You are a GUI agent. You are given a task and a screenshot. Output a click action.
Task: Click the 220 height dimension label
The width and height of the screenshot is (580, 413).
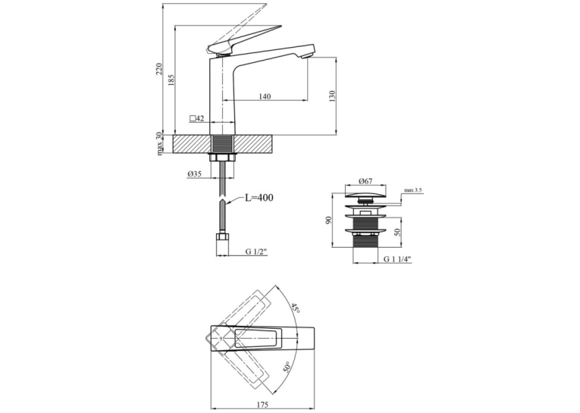pyautogui.click(x=159, y=69)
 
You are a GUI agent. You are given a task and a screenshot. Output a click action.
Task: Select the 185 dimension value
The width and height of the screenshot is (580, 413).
pyautogui.click(x=171, y=80)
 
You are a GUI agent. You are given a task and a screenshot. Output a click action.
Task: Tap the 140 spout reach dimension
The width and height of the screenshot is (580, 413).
pyautogui.click(x=265, y=96)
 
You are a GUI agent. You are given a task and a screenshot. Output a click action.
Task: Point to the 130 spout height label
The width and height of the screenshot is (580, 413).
pyautogui.click(x=332, y=95)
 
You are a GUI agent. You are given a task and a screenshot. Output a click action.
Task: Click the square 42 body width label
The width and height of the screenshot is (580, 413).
pyautogui.click(x=197, y=118)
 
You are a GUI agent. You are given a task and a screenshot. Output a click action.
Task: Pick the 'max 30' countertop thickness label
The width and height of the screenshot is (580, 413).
pyautogui.click(x=159, y=143)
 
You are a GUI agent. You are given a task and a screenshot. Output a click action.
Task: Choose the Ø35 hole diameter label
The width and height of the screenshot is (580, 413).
pyautogui.click(x=194, y=174)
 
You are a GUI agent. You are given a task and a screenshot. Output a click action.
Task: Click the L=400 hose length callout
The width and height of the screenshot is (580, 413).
pyautogui.click(x=259, y=198)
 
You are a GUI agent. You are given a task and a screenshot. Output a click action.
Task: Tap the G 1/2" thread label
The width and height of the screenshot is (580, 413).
pyautogui.click(x=256, y=252)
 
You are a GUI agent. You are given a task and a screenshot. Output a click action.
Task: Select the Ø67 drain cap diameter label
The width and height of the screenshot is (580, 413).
pyautogui.click(x=365, y=181)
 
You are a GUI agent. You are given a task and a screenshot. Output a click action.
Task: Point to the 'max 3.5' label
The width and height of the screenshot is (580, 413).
pyautogui.click(x=412, y=190)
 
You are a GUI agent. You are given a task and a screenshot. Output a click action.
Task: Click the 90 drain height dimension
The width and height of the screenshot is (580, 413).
pyautogui.click(x=329, y=220)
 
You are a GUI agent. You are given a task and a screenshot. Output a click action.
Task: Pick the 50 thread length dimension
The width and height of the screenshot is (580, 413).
pyautogui.click(x=397, y=232)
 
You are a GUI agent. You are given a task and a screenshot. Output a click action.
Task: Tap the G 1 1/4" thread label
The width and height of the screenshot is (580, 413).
pyautogui.click(x=397, y=259)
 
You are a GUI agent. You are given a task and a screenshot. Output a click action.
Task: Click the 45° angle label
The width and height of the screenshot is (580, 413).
pyautogui.click(x=295, y=308)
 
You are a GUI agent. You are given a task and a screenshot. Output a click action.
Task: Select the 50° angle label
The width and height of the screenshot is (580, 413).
pyautogui.click(x=287, y=368)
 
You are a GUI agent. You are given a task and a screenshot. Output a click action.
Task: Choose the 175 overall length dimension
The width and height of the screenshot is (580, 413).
pyautogui.click(x=262, y=405)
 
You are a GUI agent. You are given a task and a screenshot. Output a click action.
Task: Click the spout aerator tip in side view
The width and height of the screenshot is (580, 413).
pyautogui.click(x=306, y=56)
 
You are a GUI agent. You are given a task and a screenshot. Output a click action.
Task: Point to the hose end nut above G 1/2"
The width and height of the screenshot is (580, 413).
pyautogui.click(x=222, y=236)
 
